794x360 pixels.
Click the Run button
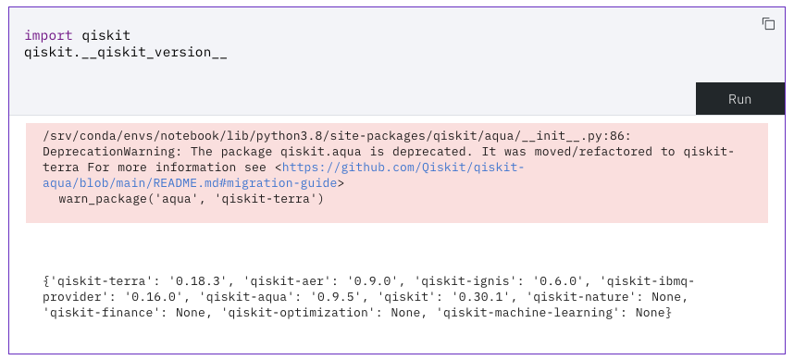(739, 99)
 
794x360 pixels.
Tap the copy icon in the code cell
(768, 24)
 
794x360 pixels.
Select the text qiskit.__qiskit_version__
(126, 52)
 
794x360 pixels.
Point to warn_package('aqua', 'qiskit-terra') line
(191, 199)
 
